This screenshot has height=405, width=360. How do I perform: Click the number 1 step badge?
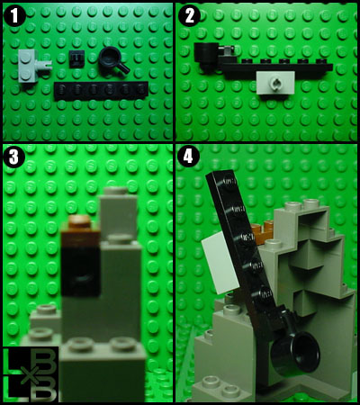[13, 15]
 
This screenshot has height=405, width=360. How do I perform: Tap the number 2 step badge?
[189, 15]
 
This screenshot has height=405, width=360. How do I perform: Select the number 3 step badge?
[13, 157]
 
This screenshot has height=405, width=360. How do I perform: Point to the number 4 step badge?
[188, 157]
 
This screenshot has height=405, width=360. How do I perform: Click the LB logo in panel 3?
[31, 374]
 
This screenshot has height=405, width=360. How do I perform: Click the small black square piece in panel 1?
[76, 58]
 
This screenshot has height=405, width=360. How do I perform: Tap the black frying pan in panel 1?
[113, 59]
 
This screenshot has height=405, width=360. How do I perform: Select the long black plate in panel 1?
[102, 90]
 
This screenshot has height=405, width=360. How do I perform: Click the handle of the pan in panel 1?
[123, 67]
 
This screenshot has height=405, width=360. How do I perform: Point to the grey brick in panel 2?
[275, 82]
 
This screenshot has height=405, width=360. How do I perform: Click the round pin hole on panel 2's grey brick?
[276, 81]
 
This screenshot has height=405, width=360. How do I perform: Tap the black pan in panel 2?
[207, 56]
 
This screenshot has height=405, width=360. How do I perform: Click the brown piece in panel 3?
[80, 230]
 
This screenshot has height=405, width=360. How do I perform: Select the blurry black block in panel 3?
[81, 272]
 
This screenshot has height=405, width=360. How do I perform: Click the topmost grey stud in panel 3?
[116, 190]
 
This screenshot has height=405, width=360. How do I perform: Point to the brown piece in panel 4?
[263, 233]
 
